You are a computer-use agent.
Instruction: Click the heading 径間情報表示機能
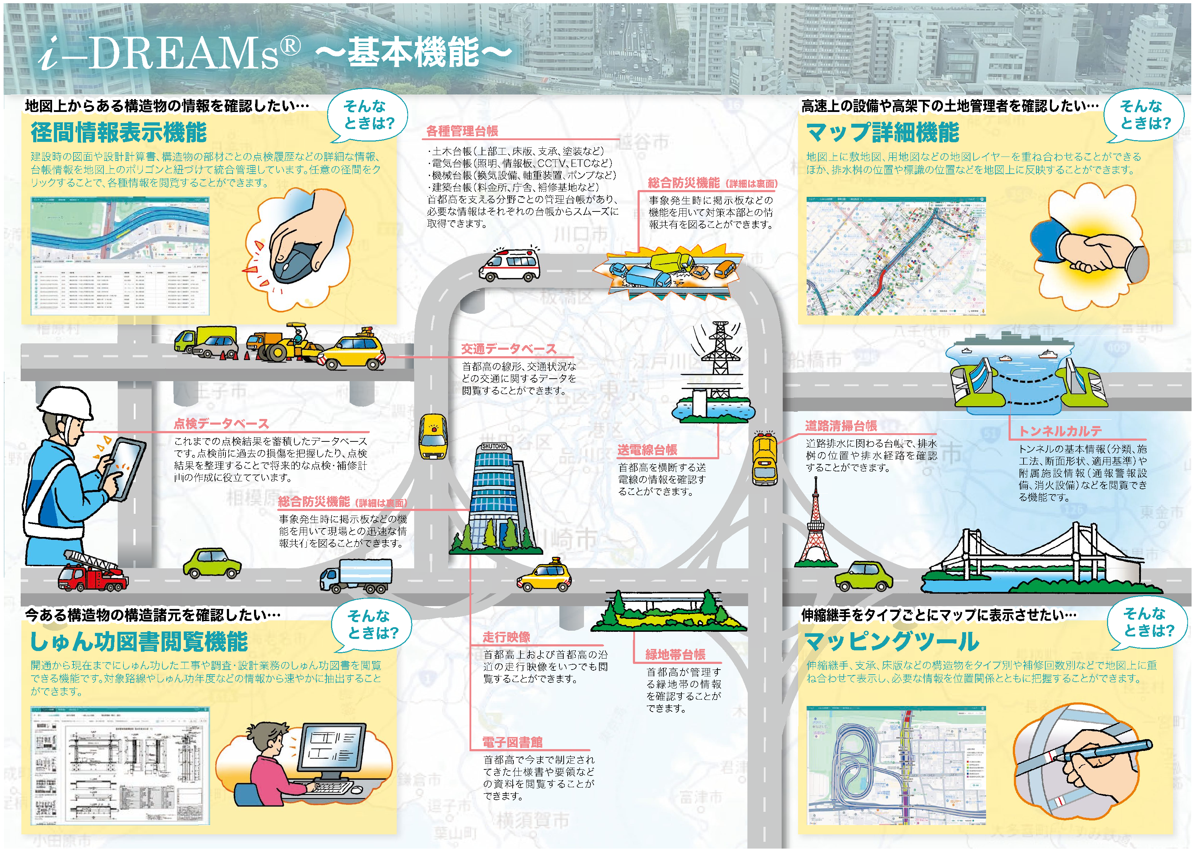[118, 133]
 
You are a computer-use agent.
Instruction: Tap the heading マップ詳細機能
[882, 133]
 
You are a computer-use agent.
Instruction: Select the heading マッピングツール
[891, 641]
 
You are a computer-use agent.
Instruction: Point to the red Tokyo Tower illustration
[814, 531]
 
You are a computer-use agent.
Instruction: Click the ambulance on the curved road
[509, 266]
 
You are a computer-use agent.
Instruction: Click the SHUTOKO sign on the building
[493, 446]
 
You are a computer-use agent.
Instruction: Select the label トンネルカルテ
[1060, 431]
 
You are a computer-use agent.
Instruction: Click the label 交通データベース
[508, 349]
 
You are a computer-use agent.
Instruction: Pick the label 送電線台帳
[647, 450]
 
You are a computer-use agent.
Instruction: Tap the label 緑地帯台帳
[675, 655]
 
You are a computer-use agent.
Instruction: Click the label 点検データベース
[221, 424]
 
